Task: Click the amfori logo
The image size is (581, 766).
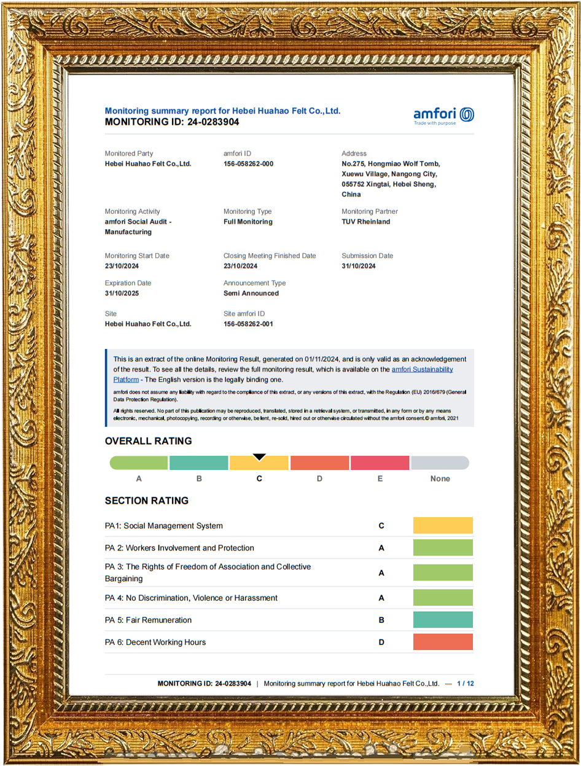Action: [443, 115]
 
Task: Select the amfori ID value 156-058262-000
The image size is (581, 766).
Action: [248, 164]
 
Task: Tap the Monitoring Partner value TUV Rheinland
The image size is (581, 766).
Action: [365, 222]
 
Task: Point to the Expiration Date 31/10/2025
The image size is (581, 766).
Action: [122, 294]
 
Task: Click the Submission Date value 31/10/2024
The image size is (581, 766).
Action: [358, 266]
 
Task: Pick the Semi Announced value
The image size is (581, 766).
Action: [251, 294]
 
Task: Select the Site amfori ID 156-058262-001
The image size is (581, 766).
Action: [248, 324]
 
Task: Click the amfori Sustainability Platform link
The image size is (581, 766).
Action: [422, 369]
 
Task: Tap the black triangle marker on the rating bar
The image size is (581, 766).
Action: [259, 456]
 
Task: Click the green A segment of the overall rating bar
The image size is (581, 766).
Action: [139, 463]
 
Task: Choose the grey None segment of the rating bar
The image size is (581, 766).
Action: [440, 463]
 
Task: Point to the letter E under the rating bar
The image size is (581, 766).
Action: [380, 479]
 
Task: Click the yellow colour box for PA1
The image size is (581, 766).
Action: [443, 526]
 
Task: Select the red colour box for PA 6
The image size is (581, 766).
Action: [443, 642]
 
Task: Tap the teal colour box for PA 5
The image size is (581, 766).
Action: [443, 620]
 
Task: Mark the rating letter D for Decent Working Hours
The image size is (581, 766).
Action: [381, 643]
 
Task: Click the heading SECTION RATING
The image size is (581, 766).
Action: [147, 501]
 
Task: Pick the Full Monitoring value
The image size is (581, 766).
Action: [248, 222]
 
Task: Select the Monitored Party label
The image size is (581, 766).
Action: [129, 154]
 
